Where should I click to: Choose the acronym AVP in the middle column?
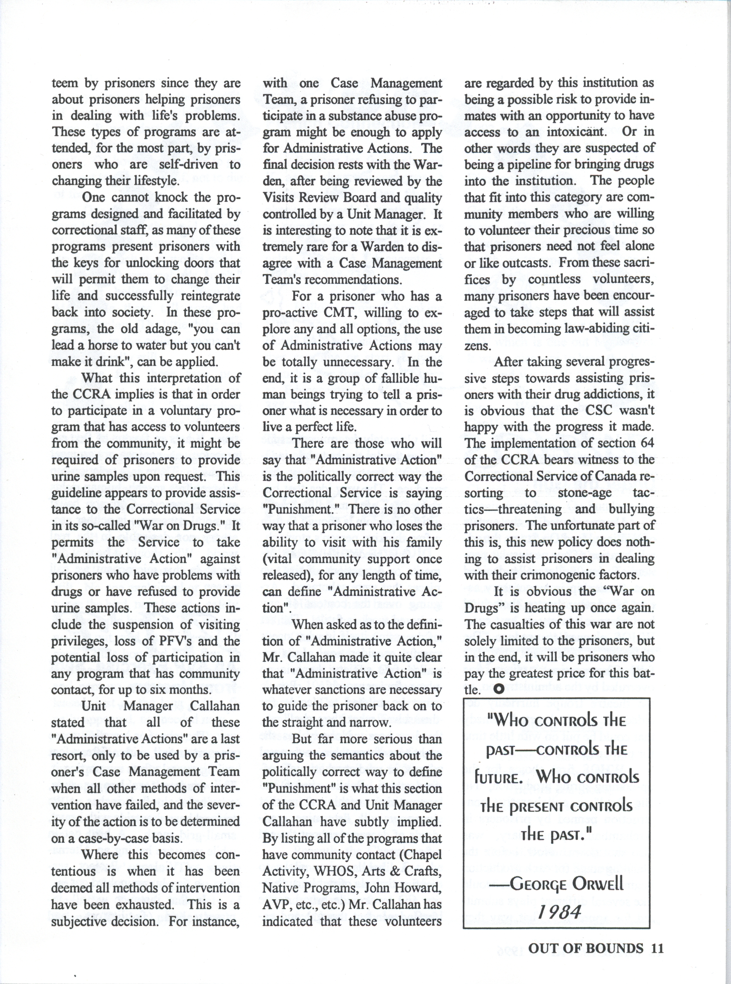[x=274, y=904]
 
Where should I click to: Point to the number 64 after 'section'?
[x=646, y=443]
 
